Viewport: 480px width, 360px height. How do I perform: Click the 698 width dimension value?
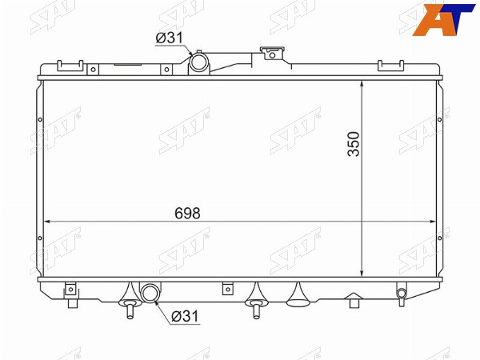click(x=187, y=213)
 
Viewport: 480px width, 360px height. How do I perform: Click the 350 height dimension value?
click(x=354, y=144)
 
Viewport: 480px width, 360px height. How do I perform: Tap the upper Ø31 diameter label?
click(x=169, y=38)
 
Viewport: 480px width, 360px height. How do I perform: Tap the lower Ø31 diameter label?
click(x=186, y=316)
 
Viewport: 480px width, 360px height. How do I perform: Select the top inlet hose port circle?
click(x=199, y=62)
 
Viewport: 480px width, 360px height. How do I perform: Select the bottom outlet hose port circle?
click(x=150, y=292)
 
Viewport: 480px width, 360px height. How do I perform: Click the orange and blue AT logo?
click(x=443, y=19)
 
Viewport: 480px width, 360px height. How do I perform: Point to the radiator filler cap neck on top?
click(x=272, y=53)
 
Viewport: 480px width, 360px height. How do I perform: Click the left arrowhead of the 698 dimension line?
click(x=47, y=222)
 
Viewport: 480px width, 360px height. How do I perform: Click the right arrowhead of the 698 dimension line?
click(x=432, y=222)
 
